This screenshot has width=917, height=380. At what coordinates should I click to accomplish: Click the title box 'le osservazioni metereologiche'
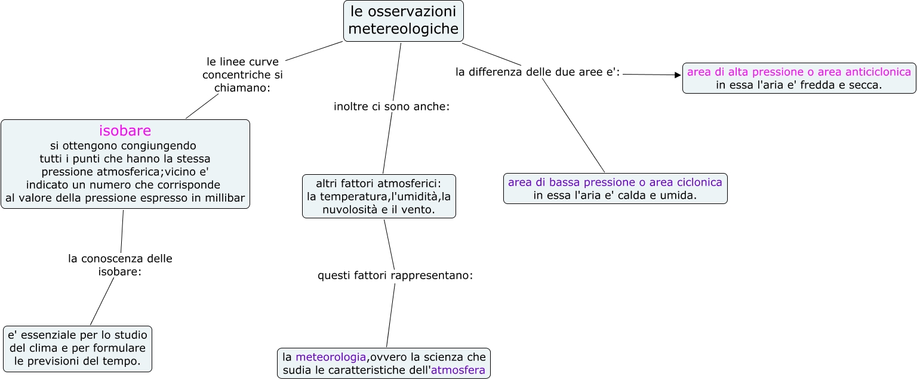point(404,20)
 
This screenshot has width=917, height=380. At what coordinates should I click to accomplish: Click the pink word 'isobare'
point(125,130)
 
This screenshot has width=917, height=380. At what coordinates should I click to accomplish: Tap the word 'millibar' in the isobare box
point(223,198)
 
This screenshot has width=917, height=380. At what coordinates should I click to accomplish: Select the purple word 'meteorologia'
point(330,357)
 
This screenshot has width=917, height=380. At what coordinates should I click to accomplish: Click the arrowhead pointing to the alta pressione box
point(678,75)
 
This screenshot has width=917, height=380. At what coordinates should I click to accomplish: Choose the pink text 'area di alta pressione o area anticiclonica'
point(799,72)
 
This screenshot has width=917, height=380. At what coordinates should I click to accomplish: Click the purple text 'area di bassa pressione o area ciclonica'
point(615,182)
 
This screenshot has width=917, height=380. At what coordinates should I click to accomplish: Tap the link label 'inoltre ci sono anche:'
point(391,107)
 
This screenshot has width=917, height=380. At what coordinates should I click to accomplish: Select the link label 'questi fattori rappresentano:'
point(395,276)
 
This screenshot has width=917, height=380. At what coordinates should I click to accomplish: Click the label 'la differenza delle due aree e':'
point(537,72)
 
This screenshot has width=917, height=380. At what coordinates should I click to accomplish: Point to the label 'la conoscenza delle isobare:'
point(120,265)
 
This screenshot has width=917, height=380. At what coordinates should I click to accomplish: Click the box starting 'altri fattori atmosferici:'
point(379,196)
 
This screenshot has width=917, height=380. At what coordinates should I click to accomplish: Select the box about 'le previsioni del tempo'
point(77,348)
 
